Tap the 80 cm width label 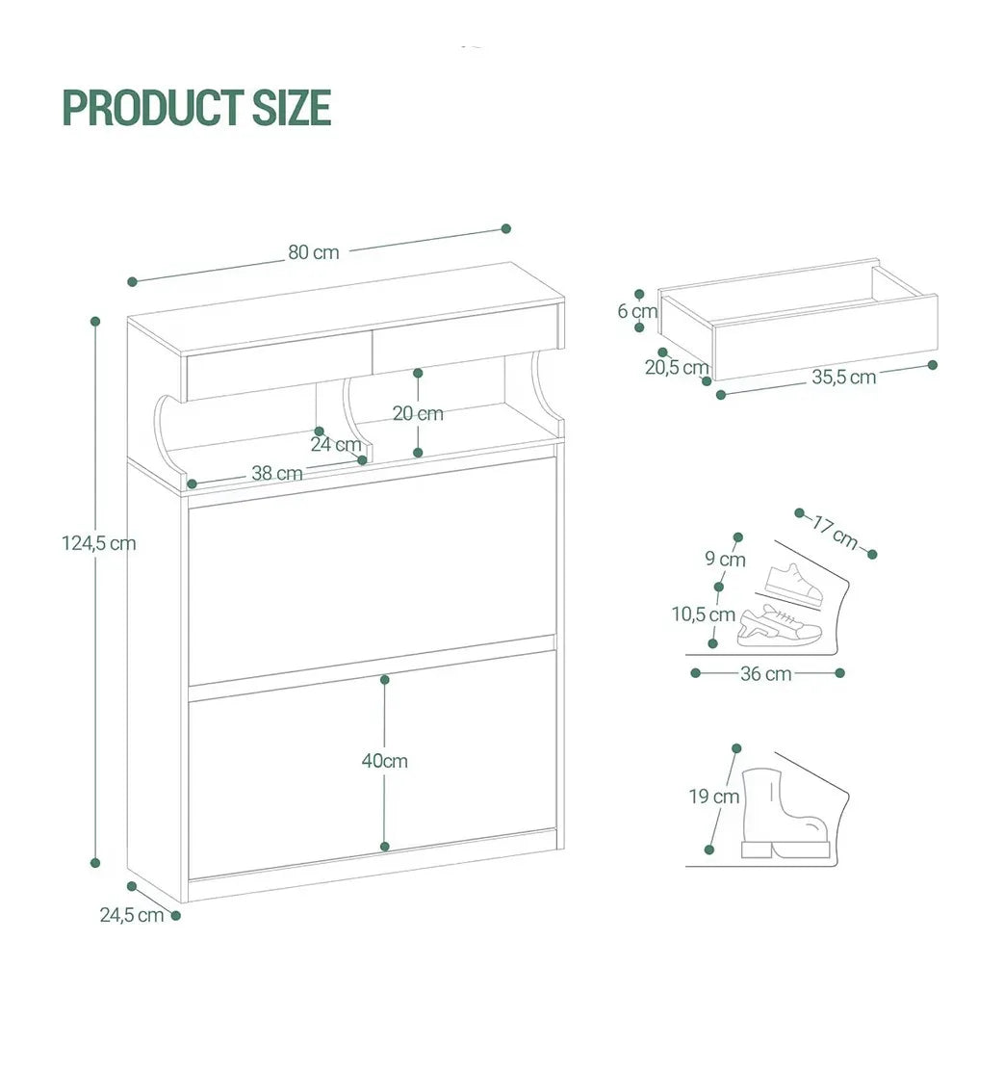click(313, 252)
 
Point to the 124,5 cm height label click(99, 544)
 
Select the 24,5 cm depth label click(132, 915)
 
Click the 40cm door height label click(385, 761)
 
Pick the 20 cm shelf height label click(418, 413)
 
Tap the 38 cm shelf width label click(277, 473)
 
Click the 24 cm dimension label click(336, 444)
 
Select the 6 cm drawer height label click(637, 311)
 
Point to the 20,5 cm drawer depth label click(677, 368)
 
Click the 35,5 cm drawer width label click(843, 377)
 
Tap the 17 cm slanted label click(836, 533)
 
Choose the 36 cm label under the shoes click(766, 674)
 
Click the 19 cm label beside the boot click(714, 797)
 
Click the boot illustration click(785, 813)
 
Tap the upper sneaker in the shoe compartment click(794, 584)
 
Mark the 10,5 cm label click(704, 614)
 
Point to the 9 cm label click(725, 560)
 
